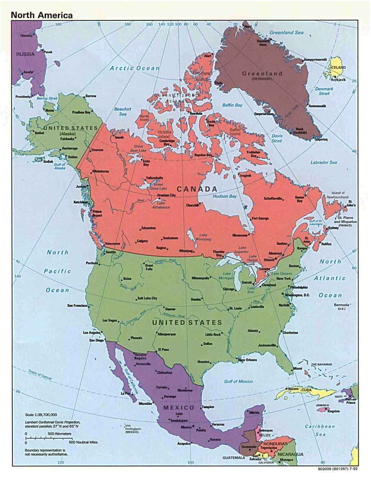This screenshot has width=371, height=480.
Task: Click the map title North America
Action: [42, 15]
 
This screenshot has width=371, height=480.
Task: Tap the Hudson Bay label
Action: [224, 196]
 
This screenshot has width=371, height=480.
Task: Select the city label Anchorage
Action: [70, 149]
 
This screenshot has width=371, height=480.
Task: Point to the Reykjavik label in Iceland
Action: [338, 80]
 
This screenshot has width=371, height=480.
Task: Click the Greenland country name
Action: [262, 74]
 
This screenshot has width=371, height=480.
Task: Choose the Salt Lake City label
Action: [147, 298]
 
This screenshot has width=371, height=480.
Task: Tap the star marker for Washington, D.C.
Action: [283, 294]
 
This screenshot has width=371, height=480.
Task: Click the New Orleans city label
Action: [248, 360]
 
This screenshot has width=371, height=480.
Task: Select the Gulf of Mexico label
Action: [238, 381]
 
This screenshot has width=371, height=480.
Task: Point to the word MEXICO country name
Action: [179, 408]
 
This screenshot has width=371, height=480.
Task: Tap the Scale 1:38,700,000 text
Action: [41, 415]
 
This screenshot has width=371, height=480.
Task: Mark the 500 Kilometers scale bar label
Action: [59, 434]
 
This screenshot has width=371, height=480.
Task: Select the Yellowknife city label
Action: [154, 178]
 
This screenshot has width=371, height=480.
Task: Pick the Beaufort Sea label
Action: [123, 111]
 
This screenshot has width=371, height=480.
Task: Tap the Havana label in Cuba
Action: [293, 389]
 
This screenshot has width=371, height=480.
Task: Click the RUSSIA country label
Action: [25, 54]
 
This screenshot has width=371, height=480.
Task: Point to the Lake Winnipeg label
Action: [203, 237]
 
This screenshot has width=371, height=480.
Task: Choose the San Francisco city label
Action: [78, 305]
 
